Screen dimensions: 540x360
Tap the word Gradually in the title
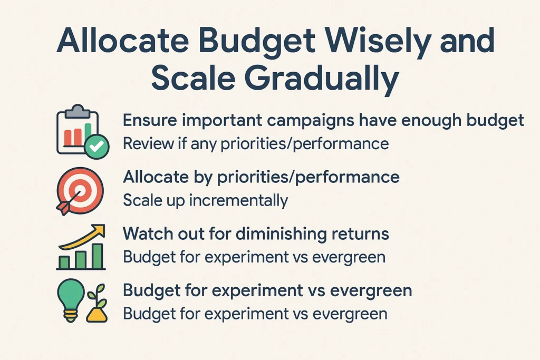322,78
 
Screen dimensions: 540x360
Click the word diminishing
281,234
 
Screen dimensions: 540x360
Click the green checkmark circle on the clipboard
97,147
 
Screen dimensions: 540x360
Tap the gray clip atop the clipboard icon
78,112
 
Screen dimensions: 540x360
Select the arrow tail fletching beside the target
63,208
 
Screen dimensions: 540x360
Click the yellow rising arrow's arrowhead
99,230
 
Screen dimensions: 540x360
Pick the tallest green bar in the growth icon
98,256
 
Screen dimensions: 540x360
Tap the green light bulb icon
71,300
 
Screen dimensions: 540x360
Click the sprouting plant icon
97,304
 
